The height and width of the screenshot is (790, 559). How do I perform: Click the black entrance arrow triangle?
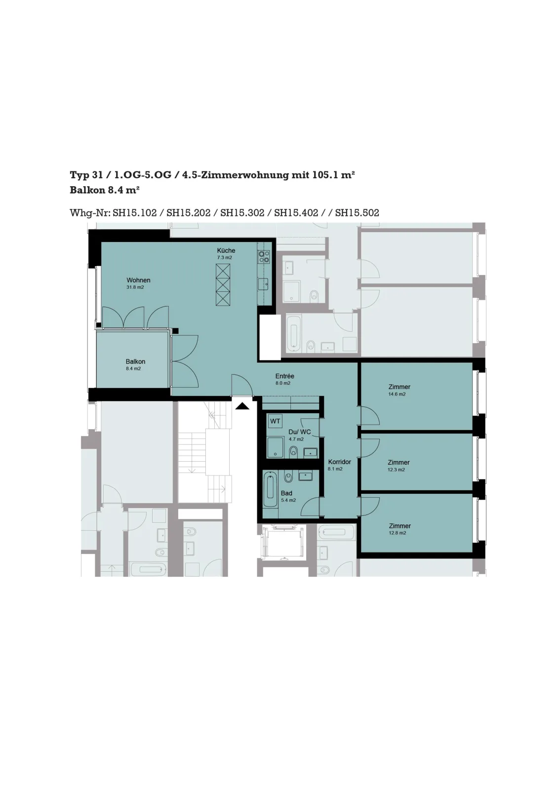242,406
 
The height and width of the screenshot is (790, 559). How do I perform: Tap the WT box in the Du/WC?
275,421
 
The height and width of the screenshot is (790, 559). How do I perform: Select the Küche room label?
226,250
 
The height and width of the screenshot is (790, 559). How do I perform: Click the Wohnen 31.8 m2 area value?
135,287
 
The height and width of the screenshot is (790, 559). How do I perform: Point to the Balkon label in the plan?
135,361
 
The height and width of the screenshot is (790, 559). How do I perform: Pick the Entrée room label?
285,376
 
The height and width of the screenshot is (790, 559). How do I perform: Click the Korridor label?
340,462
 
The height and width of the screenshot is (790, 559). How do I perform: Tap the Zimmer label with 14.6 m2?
399,387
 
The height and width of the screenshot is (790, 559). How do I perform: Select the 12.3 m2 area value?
397,470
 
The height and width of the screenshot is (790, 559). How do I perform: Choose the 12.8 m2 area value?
398,533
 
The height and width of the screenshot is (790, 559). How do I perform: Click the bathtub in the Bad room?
271,491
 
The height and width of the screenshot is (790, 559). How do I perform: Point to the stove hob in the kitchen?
264,256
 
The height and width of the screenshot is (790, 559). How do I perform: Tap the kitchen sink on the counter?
264,284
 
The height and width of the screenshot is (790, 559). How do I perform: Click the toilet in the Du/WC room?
293,451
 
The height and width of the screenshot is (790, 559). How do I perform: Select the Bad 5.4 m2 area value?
288,500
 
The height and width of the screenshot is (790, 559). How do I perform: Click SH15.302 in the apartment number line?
242,213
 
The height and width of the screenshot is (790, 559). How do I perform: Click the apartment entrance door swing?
242,385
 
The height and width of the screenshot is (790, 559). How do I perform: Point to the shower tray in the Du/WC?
276,447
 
